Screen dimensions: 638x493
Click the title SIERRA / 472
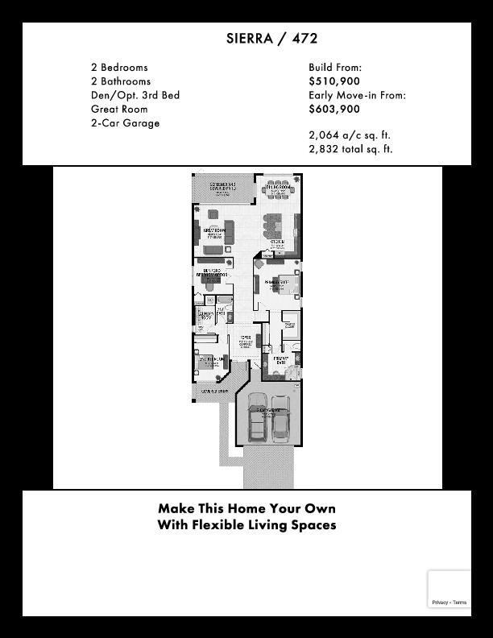click(x=271, y=39)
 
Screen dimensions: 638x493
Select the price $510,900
click(x=334, y=81)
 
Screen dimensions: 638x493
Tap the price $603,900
click(x=334, y=109)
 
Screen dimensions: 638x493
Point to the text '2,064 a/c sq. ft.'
click(x=350, y=135)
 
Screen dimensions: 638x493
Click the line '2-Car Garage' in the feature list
click(x=125, y=123)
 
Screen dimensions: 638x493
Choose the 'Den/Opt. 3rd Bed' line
click(x=135, y=95)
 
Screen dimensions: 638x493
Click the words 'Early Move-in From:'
click(x=357, y=95)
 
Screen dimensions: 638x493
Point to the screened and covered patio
click(x=223, y=188)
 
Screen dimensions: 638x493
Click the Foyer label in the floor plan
click(x=246, y=339)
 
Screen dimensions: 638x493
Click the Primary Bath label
click(x=280, y=360)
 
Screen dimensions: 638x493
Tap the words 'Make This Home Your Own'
click(x=246, y=508)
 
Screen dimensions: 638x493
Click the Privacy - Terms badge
click(x=449, y=602)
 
